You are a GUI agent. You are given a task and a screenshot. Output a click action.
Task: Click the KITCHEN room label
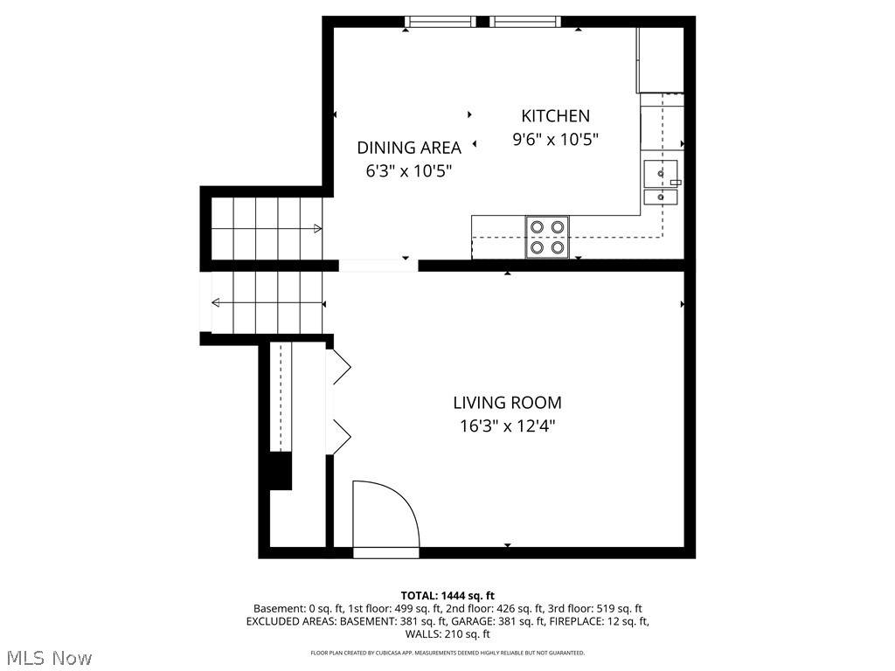[x=555, y=115]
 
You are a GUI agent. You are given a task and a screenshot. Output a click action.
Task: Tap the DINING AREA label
[x=408, y=148]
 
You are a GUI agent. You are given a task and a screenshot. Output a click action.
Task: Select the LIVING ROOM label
[x=507, y=403]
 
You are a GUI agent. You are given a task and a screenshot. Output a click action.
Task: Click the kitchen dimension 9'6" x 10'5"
[x=555, y=139]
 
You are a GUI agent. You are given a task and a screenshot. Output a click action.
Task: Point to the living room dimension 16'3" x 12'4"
[x=507, y=426]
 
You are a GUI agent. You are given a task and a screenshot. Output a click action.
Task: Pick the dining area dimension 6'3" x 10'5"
[x=408, y=171]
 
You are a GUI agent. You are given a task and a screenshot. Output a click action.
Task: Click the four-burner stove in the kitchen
[x=547, y=237]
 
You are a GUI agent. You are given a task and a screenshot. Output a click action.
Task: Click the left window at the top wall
[x=441, y=22]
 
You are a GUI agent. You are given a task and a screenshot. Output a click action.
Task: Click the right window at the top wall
[x=524, y=22]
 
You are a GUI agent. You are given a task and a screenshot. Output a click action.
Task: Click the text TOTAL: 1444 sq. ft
[x=447, y=596]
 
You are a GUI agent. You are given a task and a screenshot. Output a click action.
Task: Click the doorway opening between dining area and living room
[x=378, y=266]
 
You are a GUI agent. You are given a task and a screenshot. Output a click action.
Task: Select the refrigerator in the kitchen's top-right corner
[x=660, y=59]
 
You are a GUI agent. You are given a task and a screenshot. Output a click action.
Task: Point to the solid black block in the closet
[x=280, y=471]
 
